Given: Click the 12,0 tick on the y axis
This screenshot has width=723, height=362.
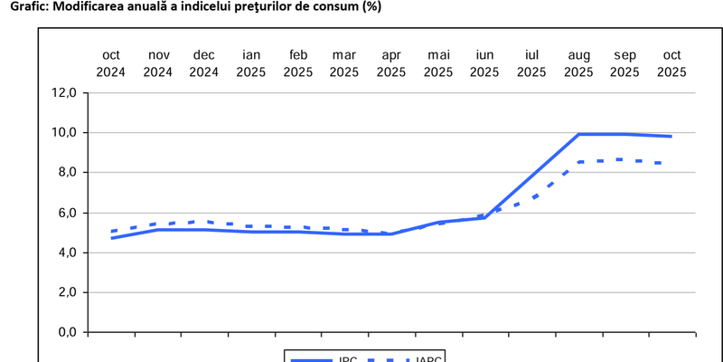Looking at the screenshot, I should [x=67, y=92].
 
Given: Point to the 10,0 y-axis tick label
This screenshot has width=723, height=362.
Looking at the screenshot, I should [x=67, y=132].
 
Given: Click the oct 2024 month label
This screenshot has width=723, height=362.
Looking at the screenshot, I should [x=110, y=63].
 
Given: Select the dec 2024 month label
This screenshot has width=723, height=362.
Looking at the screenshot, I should [x=204, y=63].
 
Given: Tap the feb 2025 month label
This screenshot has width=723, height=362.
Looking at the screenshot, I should [x=298, y=63].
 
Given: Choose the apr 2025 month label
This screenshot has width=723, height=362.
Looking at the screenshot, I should [x=391, y=63].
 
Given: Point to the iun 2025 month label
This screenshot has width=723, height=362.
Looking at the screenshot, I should [x=484, y=63].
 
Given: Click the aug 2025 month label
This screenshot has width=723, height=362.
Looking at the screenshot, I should [x=578, y=63].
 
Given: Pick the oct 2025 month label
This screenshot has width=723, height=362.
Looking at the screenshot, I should [x=671, y=63].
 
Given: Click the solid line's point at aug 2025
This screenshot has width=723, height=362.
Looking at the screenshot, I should [x=578, y=134].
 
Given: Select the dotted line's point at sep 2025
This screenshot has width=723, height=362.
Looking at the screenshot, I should [x=624, y=159].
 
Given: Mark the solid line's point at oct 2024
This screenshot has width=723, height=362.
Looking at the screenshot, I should [x=111, y=238].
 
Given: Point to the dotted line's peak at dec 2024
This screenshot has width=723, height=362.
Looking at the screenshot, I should [x=205, y=221].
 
